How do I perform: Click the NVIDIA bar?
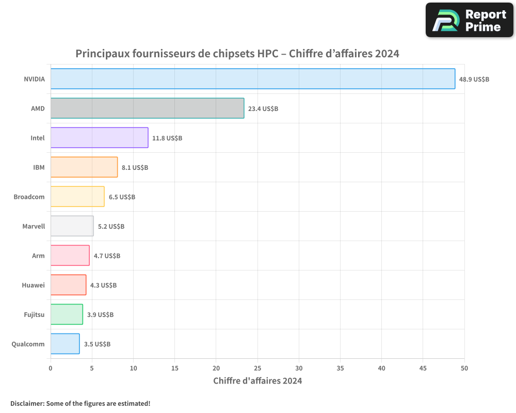pyautogui.click(x=253, y=79)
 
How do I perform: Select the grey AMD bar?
pyautogui.click(x=147, y=108)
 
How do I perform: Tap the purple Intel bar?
pyautogui.click(x=99, y=138)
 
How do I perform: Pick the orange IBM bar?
pyautogui.click(x=84, y=167)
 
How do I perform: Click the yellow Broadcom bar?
pyautogui.click(x=77, y=197)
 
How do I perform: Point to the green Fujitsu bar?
pyautogui.click(x=67, y=314)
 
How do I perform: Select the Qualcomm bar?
pyautogui.click(x=65, y=344)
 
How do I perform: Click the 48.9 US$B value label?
pyautogui.click(x=474, y=80)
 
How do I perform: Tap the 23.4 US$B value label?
pyautogui.click(x=263, y=109)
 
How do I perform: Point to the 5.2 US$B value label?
pyautogui.click(x=111, y=227)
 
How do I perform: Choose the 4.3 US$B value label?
pyautogui.click(x=103, y=285)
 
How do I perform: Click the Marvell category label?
pyautogui.click(x=34, y=226)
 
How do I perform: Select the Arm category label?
pyautogui.click(x=38, y=256)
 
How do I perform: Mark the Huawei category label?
pyautogui.click(x=33, y=285)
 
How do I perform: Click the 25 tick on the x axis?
pyautogui.click(x=257, y=368)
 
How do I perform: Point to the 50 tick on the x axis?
pyautogui.click(x=464, y=368)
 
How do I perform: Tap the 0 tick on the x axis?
pyautogui.click(x=51, y=368)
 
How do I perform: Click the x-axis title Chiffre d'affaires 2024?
pyautogui.click(x=257, y=381)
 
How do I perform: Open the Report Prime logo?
pyautogui.click(x=469, y=20)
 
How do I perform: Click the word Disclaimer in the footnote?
pyautogui.click(x=27, y=403)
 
